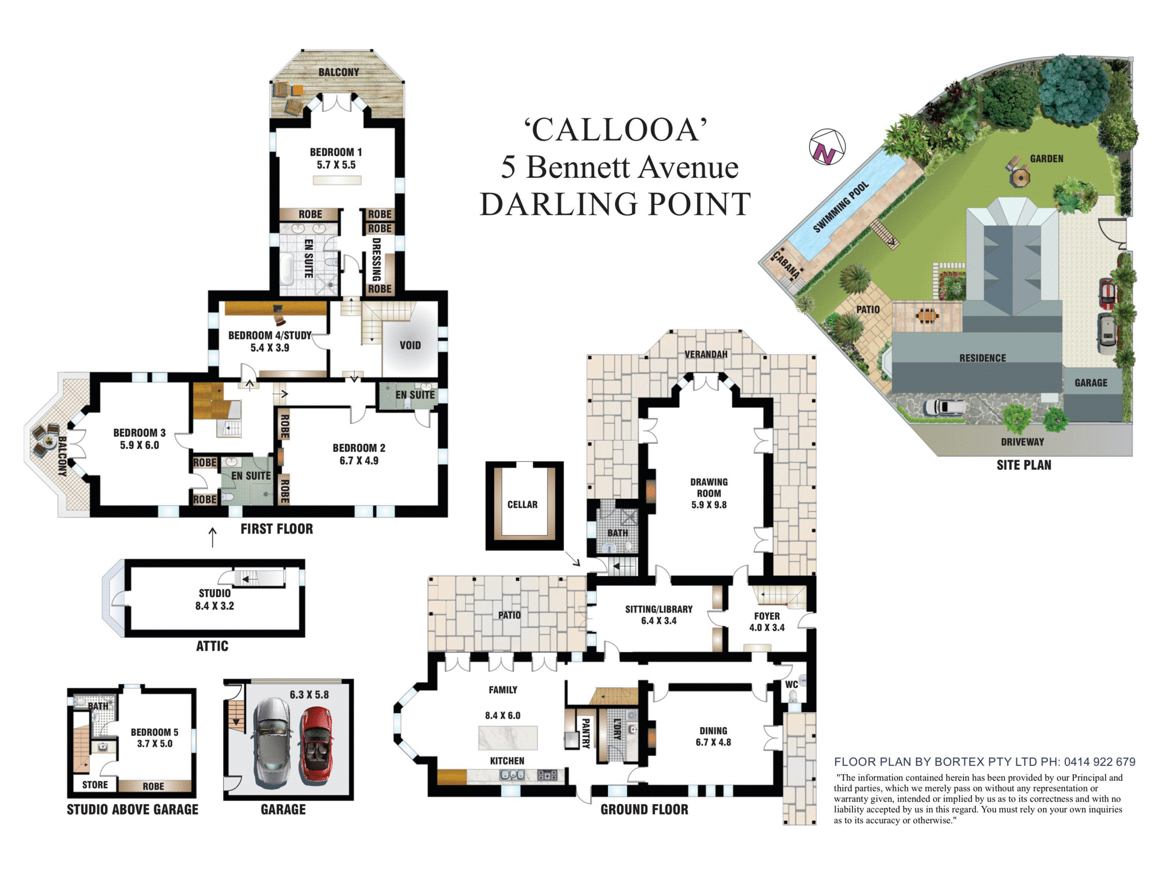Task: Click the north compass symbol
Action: pyautogui.click(x=827, y=147)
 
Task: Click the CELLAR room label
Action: pyautogui.click(x=522, y=505)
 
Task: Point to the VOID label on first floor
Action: pyautogui.click(x=410, y=345)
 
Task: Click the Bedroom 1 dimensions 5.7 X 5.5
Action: pyautogui.click(x=336, y=165)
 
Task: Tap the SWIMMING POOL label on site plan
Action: pyautogui.click(x=841, y=207)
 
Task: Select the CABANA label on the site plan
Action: pyautogui.click(x=786, y=265)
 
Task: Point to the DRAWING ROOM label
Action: pyautogui.click(x=709, y=488)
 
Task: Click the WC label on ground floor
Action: pyautogui.click(x=792, y=684)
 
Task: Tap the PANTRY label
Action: pyautogui.click(x=585, y=733)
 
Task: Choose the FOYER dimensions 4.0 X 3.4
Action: pyautogui.click(x=767, y=627)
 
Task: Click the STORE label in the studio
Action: pyautogui.click(x=95, y=785)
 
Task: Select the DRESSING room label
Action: pyautogui.click(x=377, y=260)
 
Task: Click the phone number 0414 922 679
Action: pyautogui.click(x=1099, y=762)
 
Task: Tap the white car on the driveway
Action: pyautogui.click(x=945, y=407)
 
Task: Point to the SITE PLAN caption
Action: pyautogui.click(x=1023, y=465)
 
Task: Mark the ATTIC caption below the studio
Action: pyautogui.click(x=212, y=647)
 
